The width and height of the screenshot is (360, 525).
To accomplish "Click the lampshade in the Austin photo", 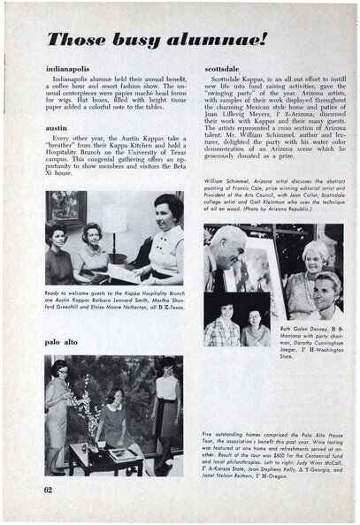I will [114, 218].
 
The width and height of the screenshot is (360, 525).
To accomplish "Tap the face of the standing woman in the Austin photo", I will [168, 211].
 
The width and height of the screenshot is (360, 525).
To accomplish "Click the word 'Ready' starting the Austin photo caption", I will [54, 293].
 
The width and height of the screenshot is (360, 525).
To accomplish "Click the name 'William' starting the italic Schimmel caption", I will [217, 179].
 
